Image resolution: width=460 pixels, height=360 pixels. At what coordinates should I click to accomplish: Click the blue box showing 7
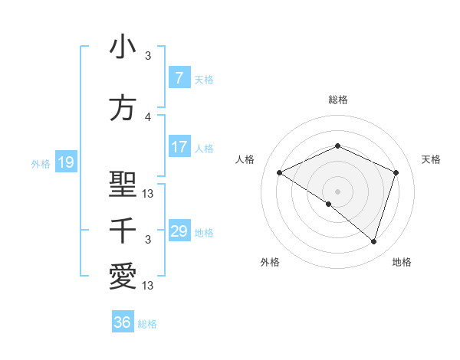[179, 78]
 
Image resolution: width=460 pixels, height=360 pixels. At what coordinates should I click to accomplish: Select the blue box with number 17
[179, 147]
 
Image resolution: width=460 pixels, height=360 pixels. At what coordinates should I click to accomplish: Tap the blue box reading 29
[179, 231]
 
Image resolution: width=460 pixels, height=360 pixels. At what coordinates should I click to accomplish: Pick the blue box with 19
[65, 162]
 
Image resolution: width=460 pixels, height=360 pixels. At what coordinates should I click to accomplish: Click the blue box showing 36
[122, 322]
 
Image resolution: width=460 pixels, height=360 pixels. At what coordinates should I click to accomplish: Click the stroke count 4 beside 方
[148, 117]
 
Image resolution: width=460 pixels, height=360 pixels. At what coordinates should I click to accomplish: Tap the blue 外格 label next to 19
[40, 163]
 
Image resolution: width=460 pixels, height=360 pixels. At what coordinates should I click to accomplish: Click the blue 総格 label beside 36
[147, 324]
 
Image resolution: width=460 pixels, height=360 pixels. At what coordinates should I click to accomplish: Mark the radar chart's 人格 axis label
[245, 159]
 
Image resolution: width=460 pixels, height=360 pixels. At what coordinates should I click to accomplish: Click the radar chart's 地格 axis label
[402, 262]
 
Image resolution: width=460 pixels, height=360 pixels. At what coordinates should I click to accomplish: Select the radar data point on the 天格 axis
[396, 172]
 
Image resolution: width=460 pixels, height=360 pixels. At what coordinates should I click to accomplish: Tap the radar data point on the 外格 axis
[329, 204]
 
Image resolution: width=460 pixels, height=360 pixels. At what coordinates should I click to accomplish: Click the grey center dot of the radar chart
[337, 191]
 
